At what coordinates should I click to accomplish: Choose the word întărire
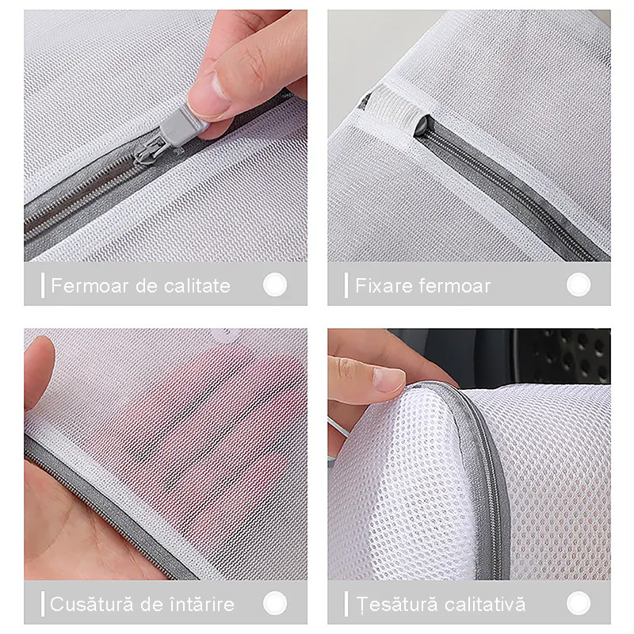(x=201, y=604)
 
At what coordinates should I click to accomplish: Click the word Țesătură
(x=397, y=604)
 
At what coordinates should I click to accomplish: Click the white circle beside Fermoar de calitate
(x=275, y=285)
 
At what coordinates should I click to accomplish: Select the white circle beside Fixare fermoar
(x=579, y=285)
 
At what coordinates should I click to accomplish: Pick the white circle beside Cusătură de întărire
(x=275, y=603)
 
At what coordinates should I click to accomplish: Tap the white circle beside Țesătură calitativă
(x=579, y=603)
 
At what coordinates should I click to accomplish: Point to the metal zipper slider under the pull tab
(x=151, y=151)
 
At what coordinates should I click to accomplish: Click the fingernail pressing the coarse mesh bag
(x=389, y=380)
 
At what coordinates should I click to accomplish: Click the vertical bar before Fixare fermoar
(x=346, y=285)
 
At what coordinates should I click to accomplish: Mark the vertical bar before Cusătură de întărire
(x=43, y=604)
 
